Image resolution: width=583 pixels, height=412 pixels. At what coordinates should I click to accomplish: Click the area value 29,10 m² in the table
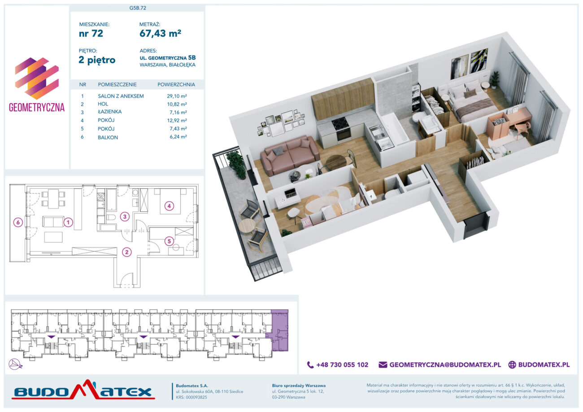177,96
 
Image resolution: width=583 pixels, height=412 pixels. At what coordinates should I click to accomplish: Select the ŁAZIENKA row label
109,112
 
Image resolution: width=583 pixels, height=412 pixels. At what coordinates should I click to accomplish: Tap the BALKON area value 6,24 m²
178,137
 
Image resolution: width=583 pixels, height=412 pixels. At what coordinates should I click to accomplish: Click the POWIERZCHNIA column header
176,85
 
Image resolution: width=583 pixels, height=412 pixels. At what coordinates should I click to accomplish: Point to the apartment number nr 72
91,33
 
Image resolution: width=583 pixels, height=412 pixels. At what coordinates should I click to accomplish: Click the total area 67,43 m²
161,33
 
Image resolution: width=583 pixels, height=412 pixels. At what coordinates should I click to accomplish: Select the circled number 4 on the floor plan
169,206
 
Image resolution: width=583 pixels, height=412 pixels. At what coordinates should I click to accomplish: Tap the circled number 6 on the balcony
18,222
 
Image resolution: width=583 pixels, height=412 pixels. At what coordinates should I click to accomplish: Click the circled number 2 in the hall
127,252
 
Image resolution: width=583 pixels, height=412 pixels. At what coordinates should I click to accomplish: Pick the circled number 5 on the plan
169,241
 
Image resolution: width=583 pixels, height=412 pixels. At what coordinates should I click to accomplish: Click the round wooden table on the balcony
248,226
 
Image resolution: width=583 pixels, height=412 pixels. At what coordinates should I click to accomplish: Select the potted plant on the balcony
236,164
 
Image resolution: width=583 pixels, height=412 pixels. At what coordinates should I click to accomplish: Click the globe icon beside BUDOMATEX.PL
512,364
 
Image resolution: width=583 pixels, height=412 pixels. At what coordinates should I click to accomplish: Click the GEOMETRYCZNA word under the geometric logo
37,108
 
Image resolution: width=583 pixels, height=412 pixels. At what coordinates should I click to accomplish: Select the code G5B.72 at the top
138,8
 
